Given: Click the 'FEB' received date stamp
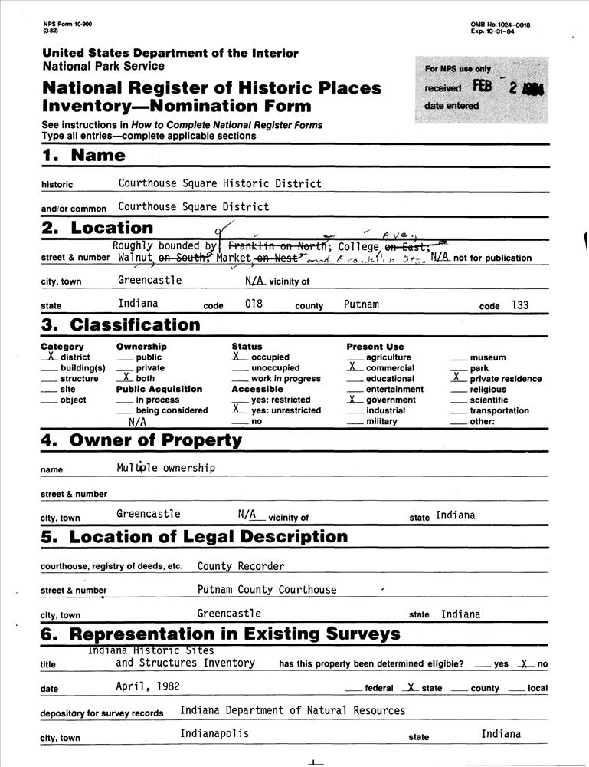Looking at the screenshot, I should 482,87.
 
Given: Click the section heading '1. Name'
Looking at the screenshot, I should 83,155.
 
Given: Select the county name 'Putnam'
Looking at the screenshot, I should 362,304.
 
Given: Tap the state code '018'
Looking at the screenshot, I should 254,304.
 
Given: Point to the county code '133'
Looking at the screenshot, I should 519,304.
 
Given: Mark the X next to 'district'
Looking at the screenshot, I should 48,357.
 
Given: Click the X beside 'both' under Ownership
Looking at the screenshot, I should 125,378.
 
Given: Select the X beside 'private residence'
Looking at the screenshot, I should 457,377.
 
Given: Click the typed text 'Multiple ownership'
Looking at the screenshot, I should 165,468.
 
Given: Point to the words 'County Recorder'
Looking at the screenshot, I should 241,566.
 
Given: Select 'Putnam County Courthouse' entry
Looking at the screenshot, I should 267,590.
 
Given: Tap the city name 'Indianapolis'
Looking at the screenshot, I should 214,733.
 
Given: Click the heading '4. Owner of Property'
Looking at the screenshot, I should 141,441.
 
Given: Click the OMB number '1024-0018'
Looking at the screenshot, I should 509,25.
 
